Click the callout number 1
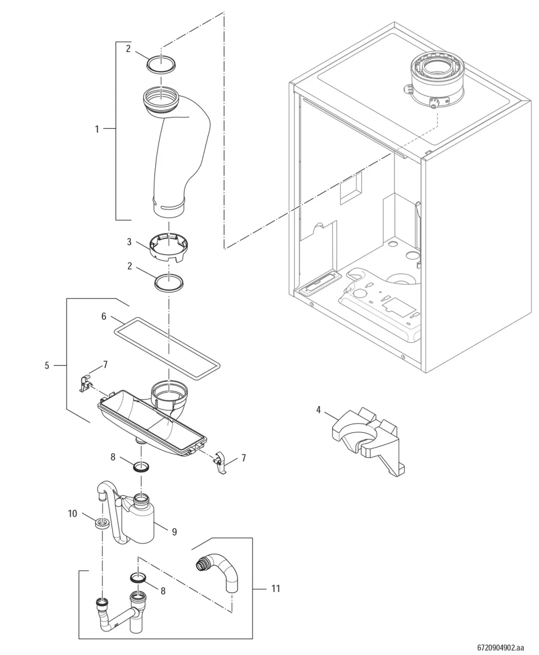click(97, 129)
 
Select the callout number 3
click(129, 242)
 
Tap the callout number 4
click(318, 410)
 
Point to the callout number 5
click(47, 365)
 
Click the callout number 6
click(103, 316)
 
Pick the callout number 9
click(175, 532)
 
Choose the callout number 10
click(72, 514)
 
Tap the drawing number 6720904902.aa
click(501, 647)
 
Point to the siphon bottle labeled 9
click(142, 522)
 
